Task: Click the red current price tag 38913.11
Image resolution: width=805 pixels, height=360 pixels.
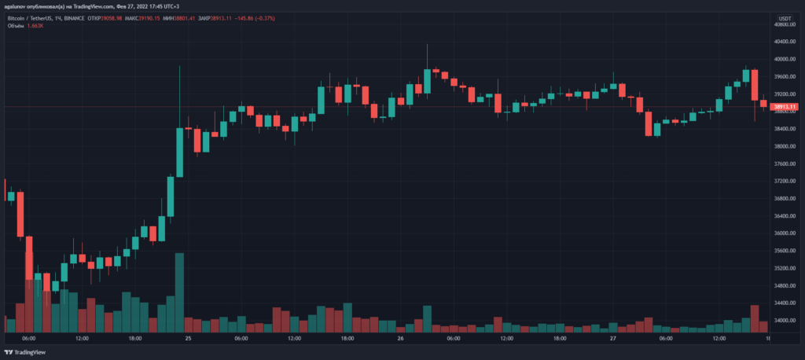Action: (x=785, y=107)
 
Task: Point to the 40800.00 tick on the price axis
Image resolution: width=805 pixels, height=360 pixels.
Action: (x=784, y=24)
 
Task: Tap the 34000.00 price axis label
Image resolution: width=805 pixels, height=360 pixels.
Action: (x=784, y=321)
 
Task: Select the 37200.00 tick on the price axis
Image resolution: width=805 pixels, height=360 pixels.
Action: (x=784, y=181)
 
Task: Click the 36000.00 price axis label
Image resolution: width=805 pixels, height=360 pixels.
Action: (x=784, y=233)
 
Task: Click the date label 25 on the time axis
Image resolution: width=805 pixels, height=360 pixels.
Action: (x=188, y=339)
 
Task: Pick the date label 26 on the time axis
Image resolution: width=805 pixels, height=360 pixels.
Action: (x=401, y=339)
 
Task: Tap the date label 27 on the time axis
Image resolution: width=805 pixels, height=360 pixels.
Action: (x=612, y=339)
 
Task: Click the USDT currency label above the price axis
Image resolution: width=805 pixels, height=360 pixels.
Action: (x=784, y=17)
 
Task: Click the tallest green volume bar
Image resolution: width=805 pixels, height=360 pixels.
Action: (x=179, y=292)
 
